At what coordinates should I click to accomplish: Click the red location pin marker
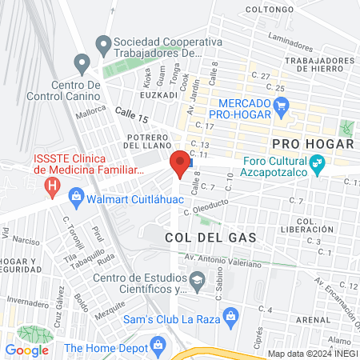pyautogui.click(x=180, y=162)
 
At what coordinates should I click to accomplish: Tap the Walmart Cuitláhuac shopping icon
pyautogui.click(x=77, y=194)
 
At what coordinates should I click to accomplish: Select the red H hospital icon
pyautogui.click(x=53, y=189)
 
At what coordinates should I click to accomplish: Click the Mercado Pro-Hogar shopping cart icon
pyautogui.click(x=281, y=105)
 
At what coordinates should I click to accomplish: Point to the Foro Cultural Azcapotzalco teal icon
pyautogui.click(x=318, y=163)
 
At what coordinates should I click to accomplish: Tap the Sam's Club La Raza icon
pyautogui.click(x=230, y=314)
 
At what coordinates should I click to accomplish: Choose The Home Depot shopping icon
pyautogui.click(x=158, y=347)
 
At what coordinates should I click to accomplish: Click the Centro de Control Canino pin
pyautogui.click(x=82, y=63)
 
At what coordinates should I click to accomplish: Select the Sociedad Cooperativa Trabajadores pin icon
pyautogui.click(x=102, y=42)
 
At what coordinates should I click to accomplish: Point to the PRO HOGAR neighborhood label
pyautogui.click(x=313, y=144)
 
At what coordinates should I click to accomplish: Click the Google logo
pyautogui.click(x=27, y=350)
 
